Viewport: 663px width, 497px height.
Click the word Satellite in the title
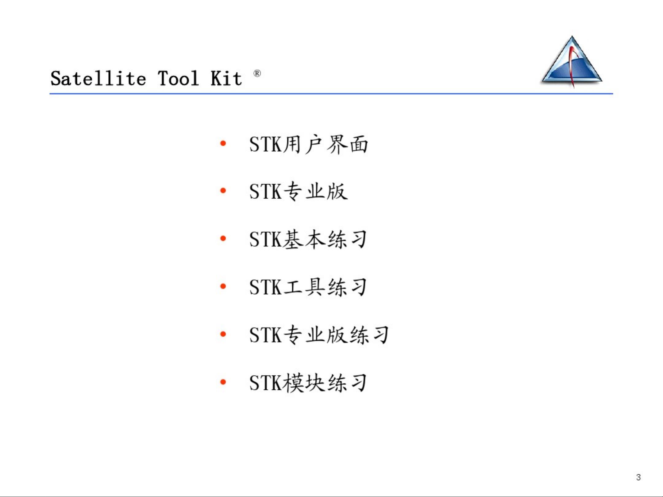[x=98, y=78]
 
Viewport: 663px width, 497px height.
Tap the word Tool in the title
[x=178, y=78]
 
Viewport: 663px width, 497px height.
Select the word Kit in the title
[x=226, y=78]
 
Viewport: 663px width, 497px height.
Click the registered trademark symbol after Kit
[x=257, y=74]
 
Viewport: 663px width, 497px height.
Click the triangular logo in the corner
[x=572, y=61]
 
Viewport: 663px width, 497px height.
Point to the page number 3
[x=638, y=477]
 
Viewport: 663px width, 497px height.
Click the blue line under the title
[x=331, y=94]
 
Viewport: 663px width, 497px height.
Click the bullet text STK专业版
[x=299, y=192]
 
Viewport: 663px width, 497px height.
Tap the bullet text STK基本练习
[x=308, y=239]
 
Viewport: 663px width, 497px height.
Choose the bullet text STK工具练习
[x=308, y=287]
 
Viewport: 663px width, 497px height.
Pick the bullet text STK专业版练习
[x=319, y=335]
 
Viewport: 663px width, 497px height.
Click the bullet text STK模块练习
[x=308, y=383]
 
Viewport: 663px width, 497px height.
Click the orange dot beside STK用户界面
[x=223, y=143]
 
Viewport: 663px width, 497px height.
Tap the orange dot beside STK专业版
[x=223, y=191]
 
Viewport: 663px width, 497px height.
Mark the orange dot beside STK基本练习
[x=223, y=239]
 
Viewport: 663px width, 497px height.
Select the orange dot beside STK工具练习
[x=223, y=286]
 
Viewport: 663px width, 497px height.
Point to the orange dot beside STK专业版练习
[x=223, y=334]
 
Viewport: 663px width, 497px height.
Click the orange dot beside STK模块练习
[x=223, y=382]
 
